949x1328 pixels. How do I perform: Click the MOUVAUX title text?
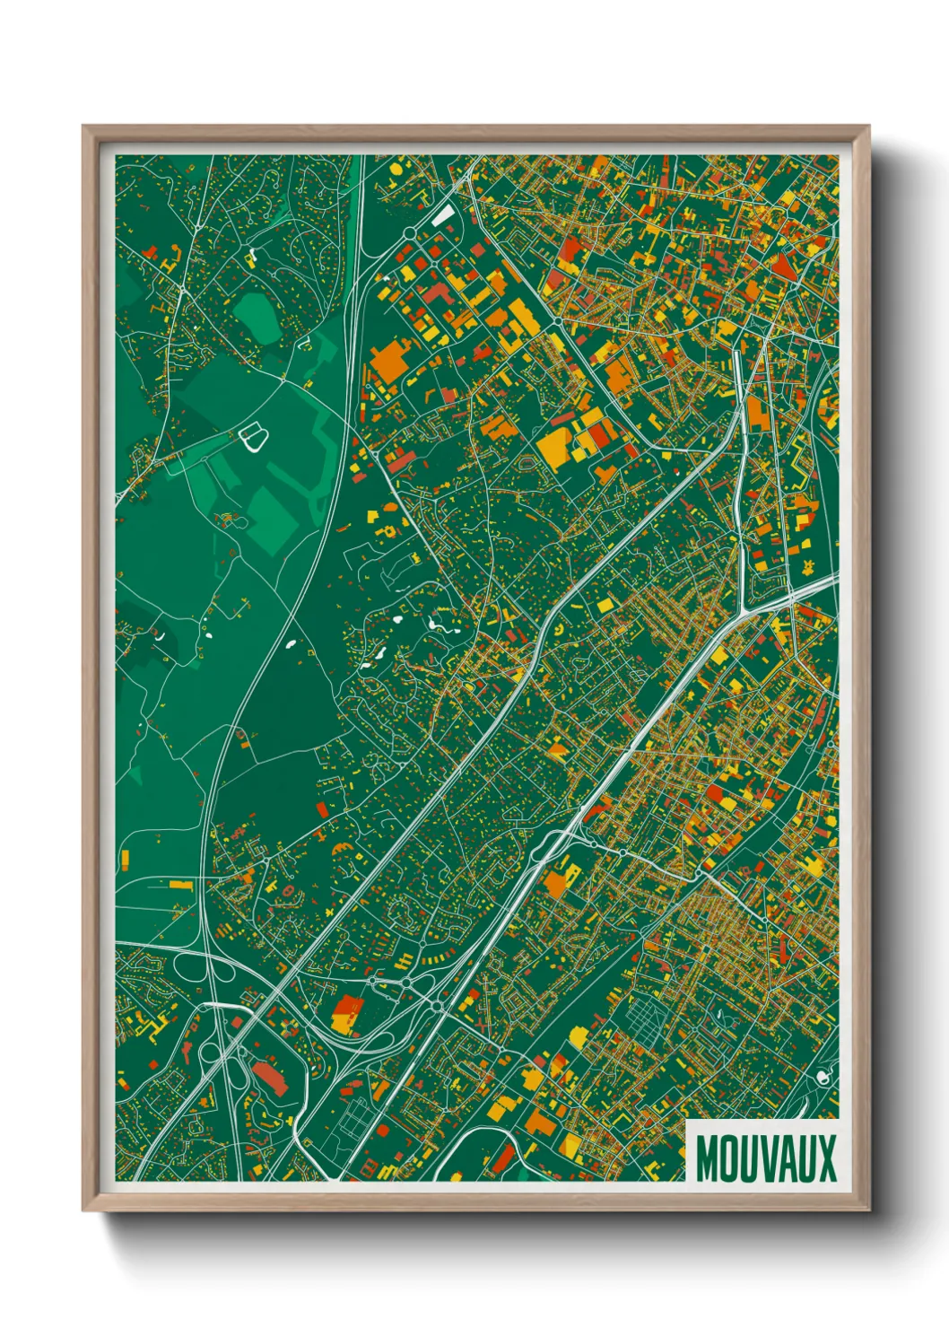(765, 1158)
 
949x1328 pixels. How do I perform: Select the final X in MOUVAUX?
(826, 1158)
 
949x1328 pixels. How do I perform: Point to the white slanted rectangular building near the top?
(443, 215)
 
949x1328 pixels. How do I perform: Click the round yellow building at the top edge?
(395, 167)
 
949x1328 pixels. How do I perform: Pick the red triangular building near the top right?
(783, 265)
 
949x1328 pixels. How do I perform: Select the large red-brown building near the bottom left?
(269, 1076)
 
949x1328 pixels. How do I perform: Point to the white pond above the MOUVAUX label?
(823, 1076)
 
